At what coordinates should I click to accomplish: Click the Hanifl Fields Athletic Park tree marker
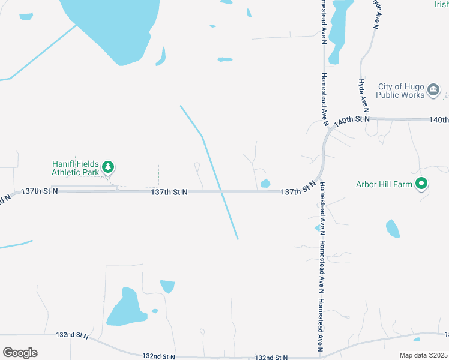(108, 167)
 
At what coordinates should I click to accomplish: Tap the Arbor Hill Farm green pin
(422, 184)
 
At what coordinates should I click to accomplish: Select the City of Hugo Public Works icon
(433, 91)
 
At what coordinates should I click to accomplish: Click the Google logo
(20, 353)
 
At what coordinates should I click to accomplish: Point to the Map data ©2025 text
(423, 355)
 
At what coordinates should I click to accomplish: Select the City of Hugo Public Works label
(401, 91)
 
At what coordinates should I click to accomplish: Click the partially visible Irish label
(442, 4)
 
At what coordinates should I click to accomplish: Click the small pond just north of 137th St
(265, 183)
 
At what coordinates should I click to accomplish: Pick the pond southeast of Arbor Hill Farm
(393, 229)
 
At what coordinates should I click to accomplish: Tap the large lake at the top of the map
(114, 27)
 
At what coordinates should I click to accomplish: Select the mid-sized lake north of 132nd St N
(126, 309)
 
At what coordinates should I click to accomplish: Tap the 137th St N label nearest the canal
(170, 192)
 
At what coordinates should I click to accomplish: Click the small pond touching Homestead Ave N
(318, 228)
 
